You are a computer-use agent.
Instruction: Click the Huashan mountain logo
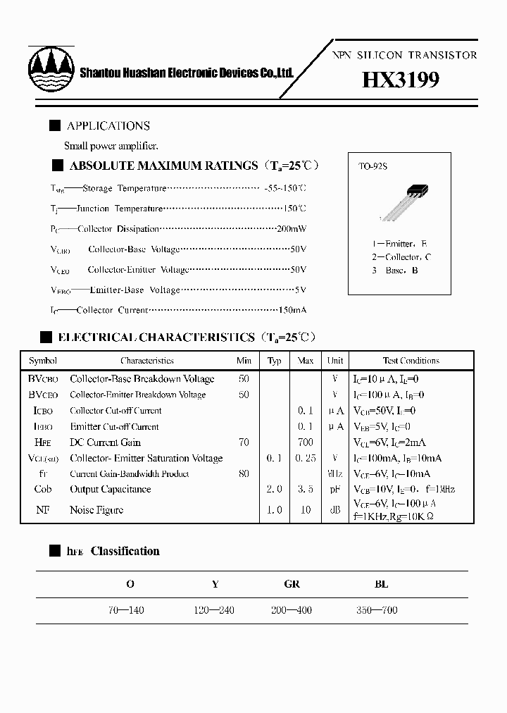[51, 70]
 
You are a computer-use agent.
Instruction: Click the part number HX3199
[401, 80]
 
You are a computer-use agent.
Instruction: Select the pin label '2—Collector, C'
[401, 257]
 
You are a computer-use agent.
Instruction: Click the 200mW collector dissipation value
[291, 229]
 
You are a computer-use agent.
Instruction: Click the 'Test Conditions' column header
[411, 361]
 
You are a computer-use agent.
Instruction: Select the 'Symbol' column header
[43, 361]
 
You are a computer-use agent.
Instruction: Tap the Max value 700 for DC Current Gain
[306, 442]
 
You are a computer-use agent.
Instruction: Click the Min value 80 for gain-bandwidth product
[244, 474]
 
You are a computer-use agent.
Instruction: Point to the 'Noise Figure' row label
[96, 510]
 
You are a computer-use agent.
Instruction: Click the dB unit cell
[336, 510]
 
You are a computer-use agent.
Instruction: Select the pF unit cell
[336, 490]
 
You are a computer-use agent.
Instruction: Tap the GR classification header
[292, 584]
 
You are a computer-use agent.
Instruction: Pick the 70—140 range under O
[127, 610]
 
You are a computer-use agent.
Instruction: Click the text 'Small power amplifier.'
[111, 146]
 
